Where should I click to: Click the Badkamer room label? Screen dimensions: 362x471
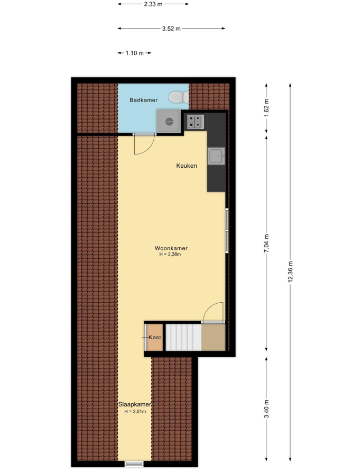143,100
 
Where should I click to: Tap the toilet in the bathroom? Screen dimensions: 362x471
179,97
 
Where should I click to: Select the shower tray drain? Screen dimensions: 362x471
169,122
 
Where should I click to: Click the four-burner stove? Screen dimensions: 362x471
195,122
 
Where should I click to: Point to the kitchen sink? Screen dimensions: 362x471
216,156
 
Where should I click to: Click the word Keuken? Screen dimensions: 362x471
187,166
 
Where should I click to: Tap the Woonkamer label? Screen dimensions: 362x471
171,248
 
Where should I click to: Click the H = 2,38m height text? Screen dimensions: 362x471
170,255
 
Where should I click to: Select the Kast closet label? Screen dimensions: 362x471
155,337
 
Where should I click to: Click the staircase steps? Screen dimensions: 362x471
183,337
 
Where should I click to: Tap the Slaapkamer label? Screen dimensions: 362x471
134,404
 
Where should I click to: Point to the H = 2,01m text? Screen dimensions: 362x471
135,412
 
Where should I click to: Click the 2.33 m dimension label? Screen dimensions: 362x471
153,4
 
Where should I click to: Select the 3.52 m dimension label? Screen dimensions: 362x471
171,29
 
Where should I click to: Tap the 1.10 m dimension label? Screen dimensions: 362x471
134,53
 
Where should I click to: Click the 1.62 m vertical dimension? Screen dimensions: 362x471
266,107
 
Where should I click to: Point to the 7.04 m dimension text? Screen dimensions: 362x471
266,243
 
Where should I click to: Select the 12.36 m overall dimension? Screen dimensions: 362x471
290,271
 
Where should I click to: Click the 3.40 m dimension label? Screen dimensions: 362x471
266,409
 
